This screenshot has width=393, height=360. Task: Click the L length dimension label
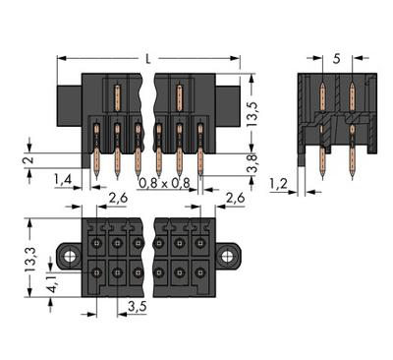147,60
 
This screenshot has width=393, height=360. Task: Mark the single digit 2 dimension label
29,160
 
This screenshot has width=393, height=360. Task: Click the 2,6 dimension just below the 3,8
235,199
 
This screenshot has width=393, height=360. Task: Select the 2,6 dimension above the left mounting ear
117,199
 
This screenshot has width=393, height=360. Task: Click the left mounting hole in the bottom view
70,258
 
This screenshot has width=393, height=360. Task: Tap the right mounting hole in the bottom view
228,258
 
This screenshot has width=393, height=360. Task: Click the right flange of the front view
228,102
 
